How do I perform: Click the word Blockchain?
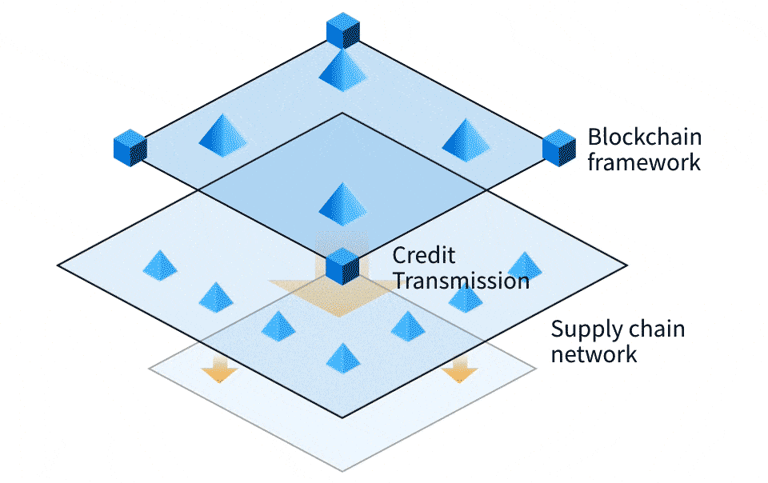click(638, 136)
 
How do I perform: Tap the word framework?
click(645, 162)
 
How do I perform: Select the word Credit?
click(424, 255)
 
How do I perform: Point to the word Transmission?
click(461, 281)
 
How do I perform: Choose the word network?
click(594, 353)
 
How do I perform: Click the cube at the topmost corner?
click(343, 30)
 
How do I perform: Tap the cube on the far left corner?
click(130, 148)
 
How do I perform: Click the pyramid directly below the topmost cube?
click(342, 69)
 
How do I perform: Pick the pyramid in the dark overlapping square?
click(342, 202)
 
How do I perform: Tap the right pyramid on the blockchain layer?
click(466, 139)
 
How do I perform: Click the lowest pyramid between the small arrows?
click(343, 357)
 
